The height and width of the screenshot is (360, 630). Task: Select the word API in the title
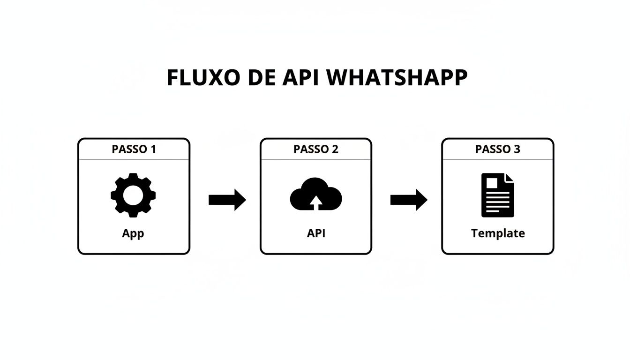(300, 78)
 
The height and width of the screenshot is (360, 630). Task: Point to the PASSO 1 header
(134, 149)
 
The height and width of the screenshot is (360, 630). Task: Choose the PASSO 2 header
(315, 149)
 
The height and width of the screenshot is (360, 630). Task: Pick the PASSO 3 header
(497, 149)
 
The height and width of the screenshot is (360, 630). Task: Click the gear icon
(133, 195)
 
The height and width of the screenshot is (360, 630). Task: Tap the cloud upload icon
(316, 194)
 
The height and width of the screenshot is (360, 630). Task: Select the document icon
(497, 195)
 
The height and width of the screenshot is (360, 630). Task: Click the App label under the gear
(133, 233)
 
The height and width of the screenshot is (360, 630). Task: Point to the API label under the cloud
(316, 233)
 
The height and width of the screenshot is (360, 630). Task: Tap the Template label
(498, 233)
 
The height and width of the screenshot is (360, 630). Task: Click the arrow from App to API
(227, 200)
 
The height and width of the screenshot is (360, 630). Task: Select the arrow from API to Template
(409, 200)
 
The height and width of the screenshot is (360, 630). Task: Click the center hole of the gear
(133, 195)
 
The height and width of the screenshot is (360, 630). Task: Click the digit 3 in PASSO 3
(517, 149)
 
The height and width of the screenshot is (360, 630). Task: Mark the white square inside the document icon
(492, 182)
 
